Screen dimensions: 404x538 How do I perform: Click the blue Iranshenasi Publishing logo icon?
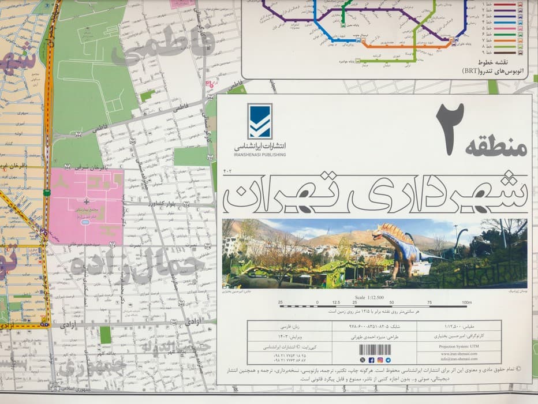[x=259, y=121]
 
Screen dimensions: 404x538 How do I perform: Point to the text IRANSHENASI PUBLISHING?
[x=260, y=155]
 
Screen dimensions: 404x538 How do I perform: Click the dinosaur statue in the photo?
[x=401, y=245]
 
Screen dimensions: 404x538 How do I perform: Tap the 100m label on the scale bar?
[x=467, y=302]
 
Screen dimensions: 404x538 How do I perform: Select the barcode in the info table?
[x=375, y=350]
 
